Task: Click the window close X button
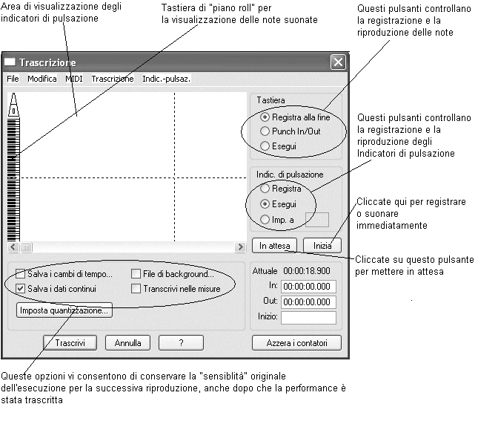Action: click(337, 62)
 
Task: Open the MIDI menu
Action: click(74, 79)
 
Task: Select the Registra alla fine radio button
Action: click(265, 117)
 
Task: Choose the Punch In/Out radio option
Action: click(265, 131)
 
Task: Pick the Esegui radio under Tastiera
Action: click(265, 146)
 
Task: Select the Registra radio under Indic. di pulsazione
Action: click(265, 189)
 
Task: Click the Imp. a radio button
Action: click(265, 219)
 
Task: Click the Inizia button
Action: click(322, 244)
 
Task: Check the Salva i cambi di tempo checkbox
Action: click(21, 274)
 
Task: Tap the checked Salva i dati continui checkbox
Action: click(21, 288)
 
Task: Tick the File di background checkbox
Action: click(136, 274)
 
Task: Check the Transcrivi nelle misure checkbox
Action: click(136, 288)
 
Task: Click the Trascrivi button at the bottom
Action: click(70, 343)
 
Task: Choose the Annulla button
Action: click(127, 343)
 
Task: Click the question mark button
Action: click(181, 343)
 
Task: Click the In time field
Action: click(308, 287)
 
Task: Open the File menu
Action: click(13, 79)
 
